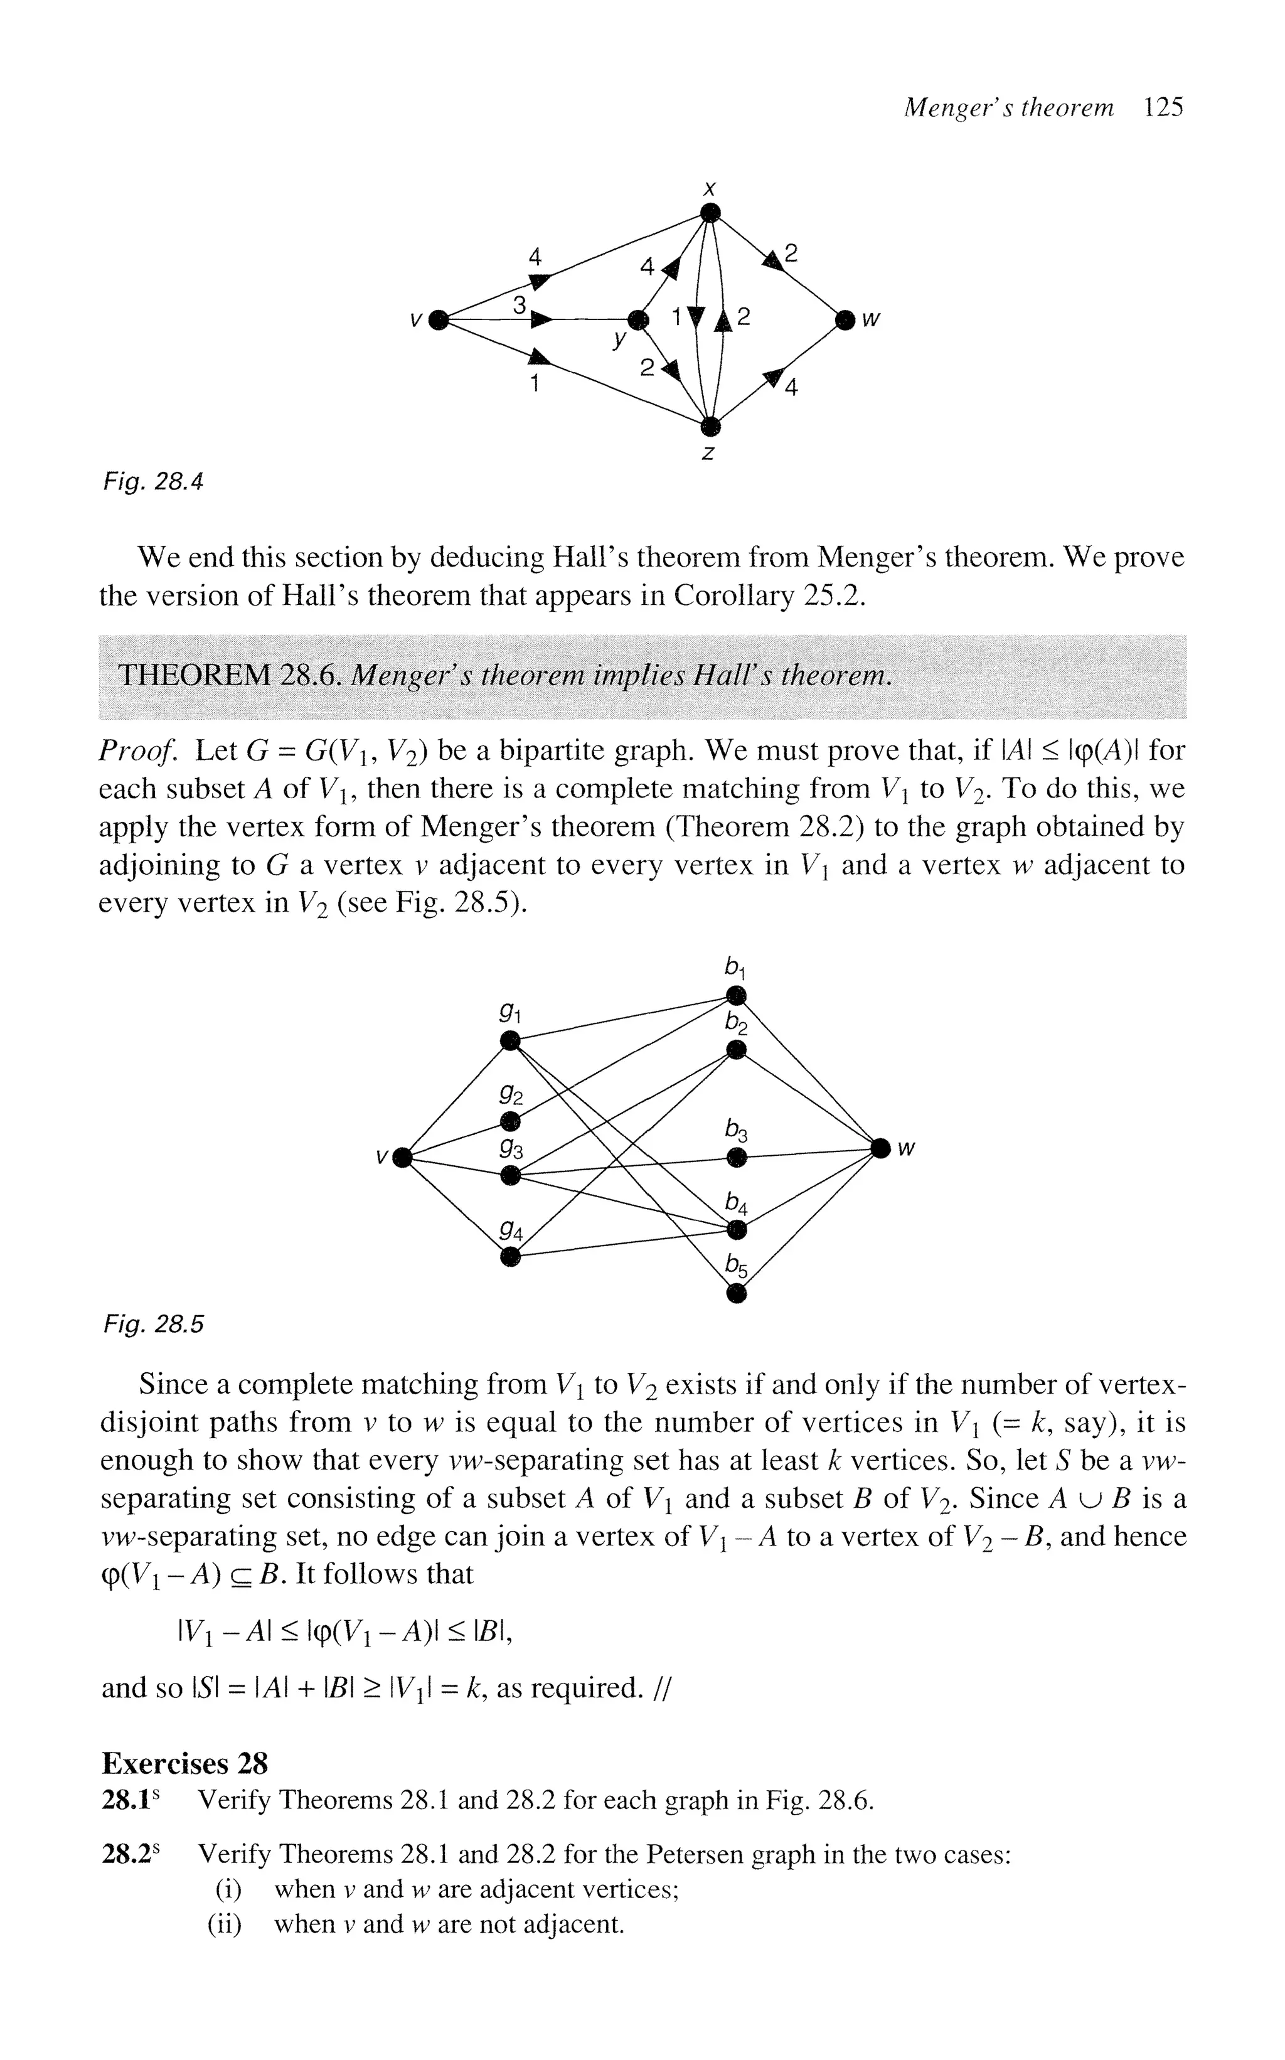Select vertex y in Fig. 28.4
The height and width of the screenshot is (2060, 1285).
[637, 321]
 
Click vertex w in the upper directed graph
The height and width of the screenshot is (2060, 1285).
[844, 321]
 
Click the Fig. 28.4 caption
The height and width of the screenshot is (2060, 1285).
[154, 483]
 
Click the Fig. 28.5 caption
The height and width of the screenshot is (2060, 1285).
[154, 1324]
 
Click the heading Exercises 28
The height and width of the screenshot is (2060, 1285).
[184, 1763]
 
